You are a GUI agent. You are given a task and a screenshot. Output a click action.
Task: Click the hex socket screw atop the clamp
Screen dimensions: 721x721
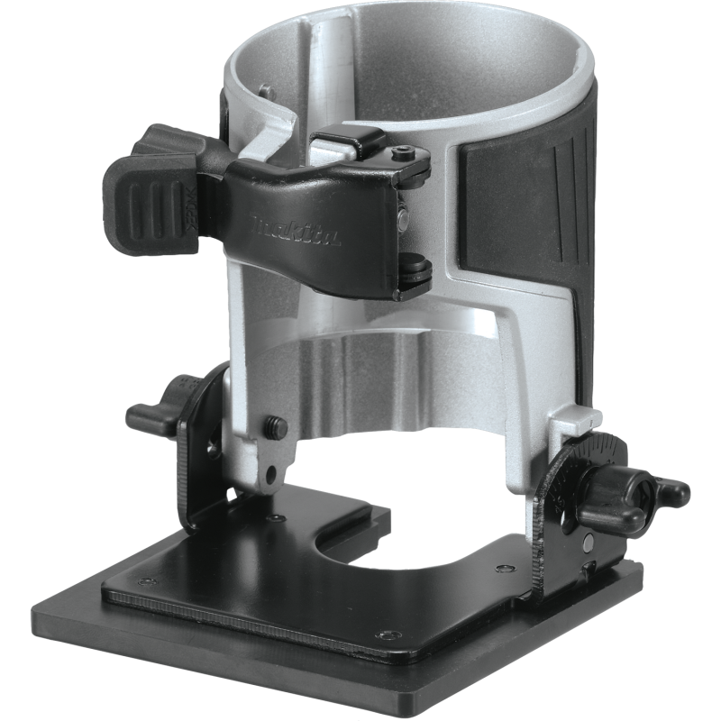pos(403,154)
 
